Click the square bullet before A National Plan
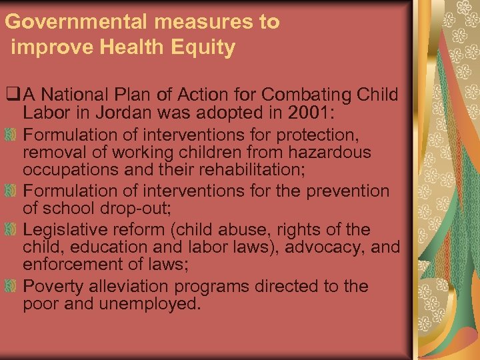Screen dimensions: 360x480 (x=9, y=95)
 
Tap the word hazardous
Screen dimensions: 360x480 (x=331, y=152)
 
